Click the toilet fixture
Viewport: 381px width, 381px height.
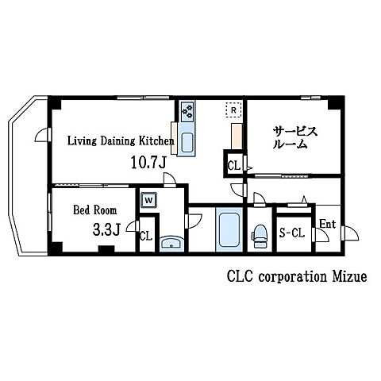pos(260,236)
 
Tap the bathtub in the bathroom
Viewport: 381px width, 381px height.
pos(229,229)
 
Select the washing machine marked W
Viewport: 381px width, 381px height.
pos(148,200)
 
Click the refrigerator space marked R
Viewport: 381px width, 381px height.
pos(233,110)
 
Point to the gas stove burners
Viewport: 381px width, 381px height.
pos(188,111)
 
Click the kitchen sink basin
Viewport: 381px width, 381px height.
pos(187,142)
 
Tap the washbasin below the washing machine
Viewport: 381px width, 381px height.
pos(171,243)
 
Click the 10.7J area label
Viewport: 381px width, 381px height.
pos(148,162)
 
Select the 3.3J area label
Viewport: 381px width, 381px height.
pos(106,229)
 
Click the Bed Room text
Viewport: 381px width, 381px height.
pos(94,210)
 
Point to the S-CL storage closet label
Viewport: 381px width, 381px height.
pos(292,233)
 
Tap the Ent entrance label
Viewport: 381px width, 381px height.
pos(328,225)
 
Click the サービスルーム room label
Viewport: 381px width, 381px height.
pos(294,137)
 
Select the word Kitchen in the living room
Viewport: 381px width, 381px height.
pos(156,140)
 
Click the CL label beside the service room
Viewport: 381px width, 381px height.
pos(234,166)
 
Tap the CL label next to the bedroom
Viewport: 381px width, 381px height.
pos(146,236)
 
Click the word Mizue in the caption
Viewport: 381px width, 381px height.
pos(349,277)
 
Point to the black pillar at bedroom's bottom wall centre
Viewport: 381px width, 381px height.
pos(106,249)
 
